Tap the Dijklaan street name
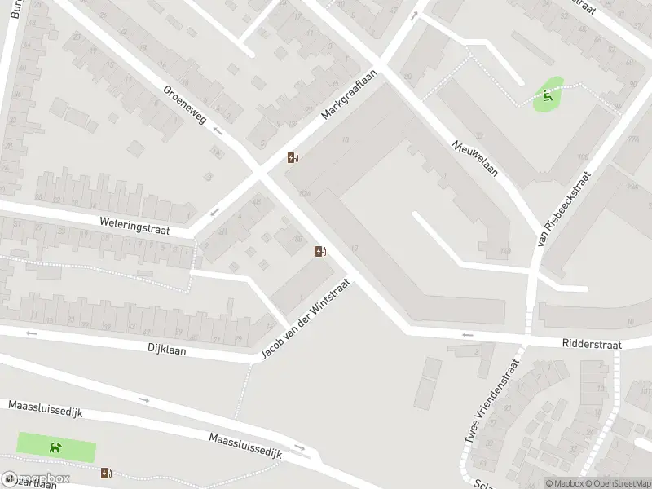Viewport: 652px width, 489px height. (168, 350)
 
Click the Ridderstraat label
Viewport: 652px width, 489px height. (592, 345)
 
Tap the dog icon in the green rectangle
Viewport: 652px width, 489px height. (55, 447)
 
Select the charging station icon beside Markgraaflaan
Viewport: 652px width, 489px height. (293, 157)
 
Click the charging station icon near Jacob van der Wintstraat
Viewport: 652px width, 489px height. (321, 251)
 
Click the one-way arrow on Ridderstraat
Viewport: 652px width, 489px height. (467, 334)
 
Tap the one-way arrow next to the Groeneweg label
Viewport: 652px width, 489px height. (218, 130)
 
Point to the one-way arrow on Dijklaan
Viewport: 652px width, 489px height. (32, 333)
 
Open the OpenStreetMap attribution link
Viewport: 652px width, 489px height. (617, 483)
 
